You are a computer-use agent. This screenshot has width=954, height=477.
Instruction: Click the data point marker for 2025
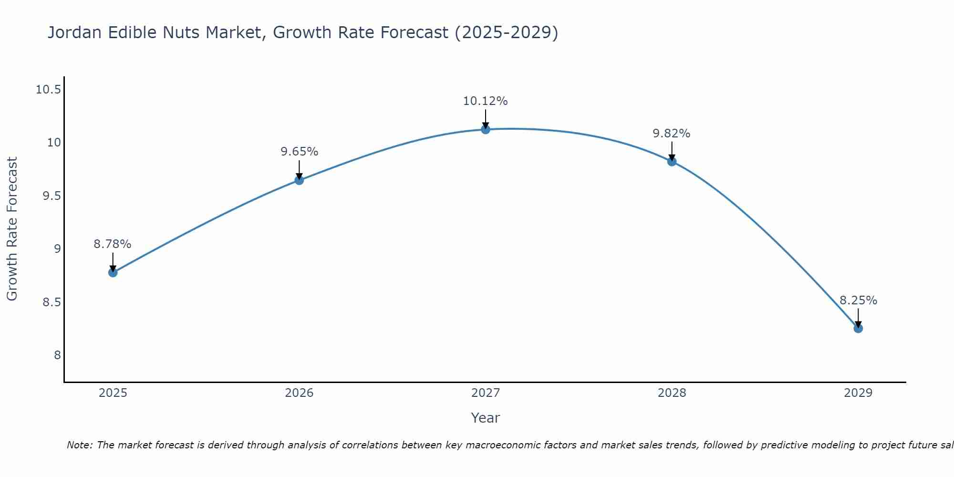tap(113, 272)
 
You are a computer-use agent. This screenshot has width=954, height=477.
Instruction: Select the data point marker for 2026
tap(299, 180)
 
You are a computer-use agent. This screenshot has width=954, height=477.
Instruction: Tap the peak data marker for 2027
tap(486, 129)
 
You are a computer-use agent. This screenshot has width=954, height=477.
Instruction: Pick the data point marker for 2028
tap(672, 161)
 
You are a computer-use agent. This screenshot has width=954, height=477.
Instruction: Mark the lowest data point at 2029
tap(858, 328)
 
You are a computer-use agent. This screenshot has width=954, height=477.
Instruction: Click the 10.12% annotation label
tap(485, 101)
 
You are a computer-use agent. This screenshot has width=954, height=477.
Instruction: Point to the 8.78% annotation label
tap(112, 244)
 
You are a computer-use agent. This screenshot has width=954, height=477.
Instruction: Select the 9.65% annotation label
tap(299, 152)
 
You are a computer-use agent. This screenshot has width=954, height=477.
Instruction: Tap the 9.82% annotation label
tap(671, 134)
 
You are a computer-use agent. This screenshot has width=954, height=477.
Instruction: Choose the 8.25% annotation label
tap(858, 301)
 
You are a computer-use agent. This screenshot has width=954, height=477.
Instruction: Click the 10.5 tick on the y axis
tap(48, 90)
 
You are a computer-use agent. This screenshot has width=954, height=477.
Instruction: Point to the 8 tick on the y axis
tap(57, 355)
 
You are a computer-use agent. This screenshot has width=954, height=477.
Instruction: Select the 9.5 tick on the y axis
tap(52, 196)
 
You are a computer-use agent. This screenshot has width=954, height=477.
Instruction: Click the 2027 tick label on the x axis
tap(485, 393)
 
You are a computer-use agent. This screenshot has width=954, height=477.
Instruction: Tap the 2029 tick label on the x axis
tap(858, 393)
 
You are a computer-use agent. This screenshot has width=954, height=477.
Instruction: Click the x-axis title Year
tap(485, 418)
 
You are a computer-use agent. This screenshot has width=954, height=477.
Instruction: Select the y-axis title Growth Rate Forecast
tap(12, 229)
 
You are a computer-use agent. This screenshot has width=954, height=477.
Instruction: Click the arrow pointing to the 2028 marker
tap(672, 151)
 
